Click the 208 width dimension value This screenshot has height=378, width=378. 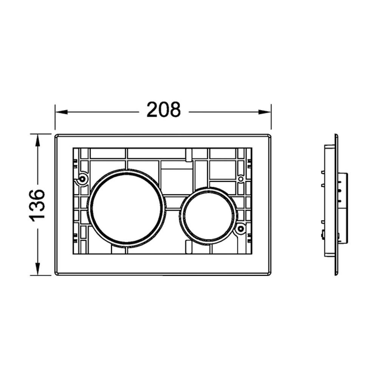click(x=164, y=110)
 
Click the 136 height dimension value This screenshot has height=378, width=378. click(x=38, y=204)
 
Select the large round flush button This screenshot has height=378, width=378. click(x=126, y=208)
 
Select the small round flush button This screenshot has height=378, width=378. click(x=208, y=215)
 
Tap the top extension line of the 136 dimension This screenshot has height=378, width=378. click(x=42, y=134)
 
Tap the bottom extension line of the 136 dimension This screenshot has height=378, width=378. click(x=42, y=275)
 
